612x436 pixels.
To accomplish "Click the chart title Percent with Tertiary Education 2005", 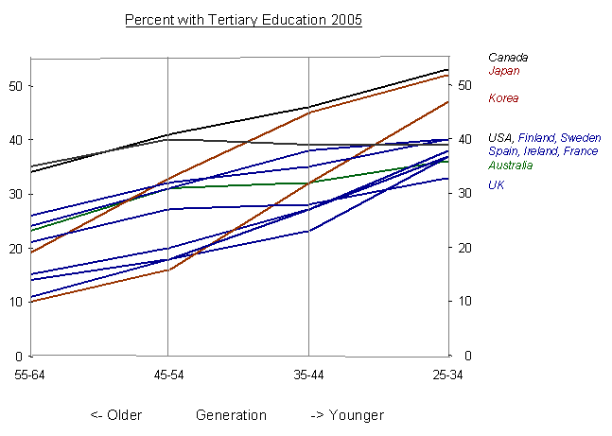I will [x=244, y=19].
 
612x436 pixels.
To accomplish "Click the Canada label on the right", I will [x=508, y=58].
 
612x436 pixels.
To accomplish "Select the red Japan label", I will [x=504, y=71].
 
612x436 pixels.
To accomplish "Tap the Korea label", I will [x=503, y=98].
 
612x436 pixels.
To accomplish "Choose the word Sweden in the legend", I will [x=582, y=138].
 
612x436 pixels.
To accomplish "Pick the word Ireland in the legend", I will [x=541, y=151].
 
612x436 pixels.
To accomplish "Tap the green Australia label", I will [x=509, y=166].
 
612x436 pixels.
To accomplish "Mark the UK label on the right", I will [x=497, y=185].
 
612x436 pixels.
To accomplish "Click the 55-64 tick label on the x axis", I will [x=30, y=375].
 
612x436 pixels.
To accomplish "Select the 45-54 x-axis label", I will [x=168, y=375].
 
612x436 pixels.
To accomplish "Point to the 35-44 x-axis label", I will [x=309, y=375].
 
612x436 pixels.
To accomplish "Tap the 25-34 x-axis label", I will [x=448, y=375].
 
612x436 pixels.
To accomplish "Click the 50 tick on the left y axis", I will [x=16, y=86].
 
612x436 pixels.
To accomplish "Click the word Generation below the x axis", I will [x=231, y=415].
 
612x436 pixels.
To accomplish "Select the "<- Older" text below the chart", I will [x=117, y=415].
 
